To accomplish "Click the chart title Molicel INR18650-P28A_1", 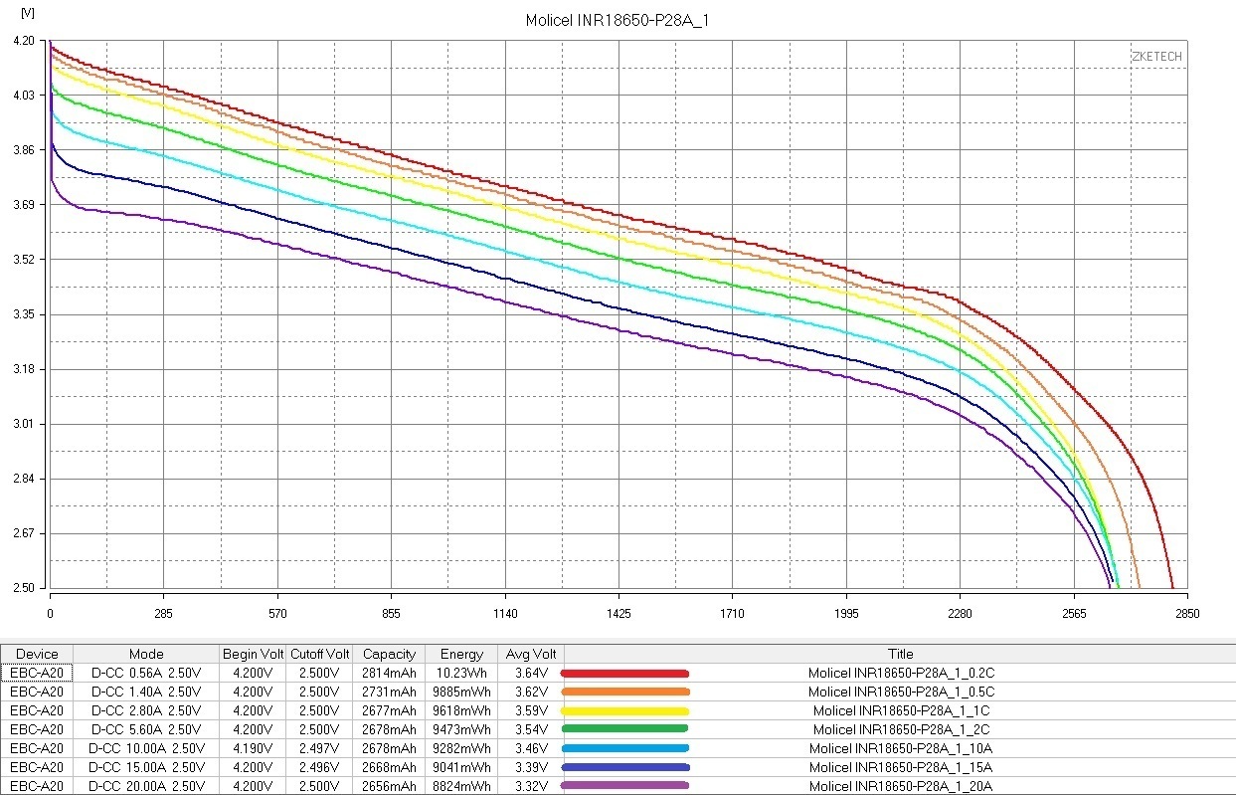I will [x=617, y=21].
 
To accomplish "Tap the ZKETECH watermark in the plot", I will [x=1156, y=57].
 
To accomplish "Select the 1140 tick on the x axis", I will [x=505, y=613].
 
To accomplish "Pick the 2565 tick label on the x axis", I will [x=1074, y=613].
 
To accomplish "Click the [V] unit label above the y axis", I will [x=27, y=14].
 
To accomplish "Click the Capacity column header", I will [x=389, y=654].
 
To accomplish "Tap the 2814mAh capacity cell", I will [x=389, y=673].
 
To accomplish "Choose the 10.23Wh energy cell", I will [x=462, y=673].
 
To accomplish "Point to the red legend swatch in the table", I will [x=625, y=673].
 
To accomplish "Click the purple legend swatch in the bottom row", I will [x=625, y=786].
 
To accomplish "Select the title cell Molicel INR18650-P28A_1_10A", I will [x=901, y=748].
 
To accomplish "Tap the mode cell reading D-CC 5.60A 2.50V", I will [x=146, y=729].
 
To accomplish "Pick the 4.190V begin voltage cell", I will [x=253, y=748].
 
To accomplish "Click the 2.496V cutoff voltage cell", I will [x=319, y=767].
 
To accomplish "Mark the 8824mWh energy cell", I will [x=462, y=786].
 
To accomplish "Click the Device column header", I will [x=37, y=654].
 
